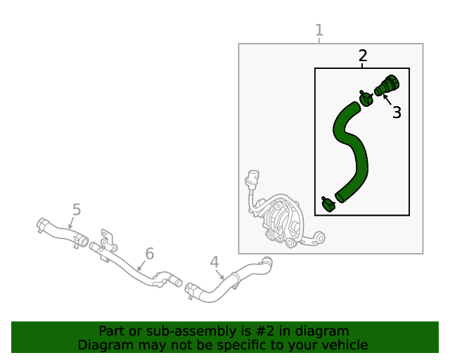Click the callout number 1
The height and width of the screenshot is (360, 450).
coord(319,30)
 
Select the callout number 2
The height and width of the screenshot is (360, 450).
coord(363,56)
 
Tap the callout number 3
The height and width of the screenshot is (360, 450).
coord(397,112)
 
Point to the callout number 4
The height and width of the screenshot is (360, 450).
coord(214,262)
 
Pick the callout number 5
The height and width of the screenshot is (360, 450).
coord(77,210)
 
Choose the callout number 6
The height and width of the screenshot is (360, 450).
coord(149,254)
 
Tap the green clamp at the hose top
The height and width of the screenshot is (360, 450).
coord(366,98)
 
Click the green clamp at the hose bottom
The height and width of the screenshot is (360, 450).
coord(328,204)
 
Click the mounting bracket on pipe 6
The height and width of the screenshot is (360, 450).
coord(107,239)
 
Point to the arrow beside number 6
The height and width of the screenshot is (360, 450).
coord(141,266)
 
